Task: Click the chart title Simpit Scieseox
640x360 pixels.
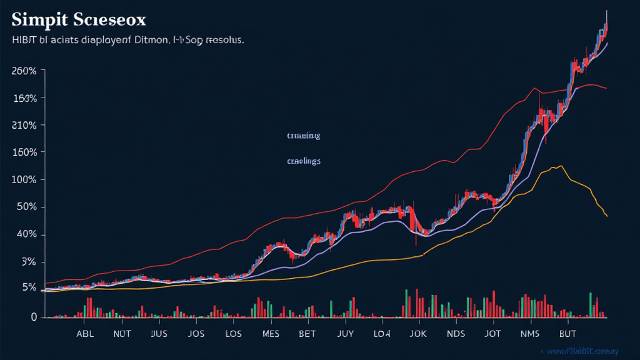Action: tap(79, 19)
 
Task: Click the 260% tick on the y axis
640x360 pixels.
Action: tap(24, 71)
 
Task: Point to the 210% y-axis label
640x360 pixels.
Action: tap(24, 126)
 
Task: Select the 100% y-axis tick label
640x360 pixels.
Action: tap(24, 180)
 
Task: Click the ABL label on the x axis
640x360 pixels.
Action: tap(85, 334)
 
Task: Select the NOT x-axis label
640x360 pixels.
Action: tap(122, 334)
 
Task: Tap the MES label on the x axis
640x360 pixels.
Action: tap(270, 334)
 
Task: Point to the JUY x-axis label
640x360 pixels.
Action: tap(344, 334)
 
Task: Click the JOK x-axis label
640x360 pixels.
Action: tap(418, 334)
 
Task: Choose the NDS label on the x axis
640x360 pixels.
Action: tap(456, 334)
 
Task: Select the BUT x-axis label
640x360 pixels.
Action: tap(567, 334)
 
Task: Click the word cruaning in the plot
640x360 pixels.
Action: tap(303, 135)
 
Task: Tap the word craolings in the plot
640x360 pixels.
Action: tap(304, 161)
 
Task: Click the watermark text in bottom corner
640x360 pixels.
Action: tap(581, 352)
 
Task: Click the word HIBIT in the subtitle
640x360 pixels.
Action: tap(24, 40)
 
